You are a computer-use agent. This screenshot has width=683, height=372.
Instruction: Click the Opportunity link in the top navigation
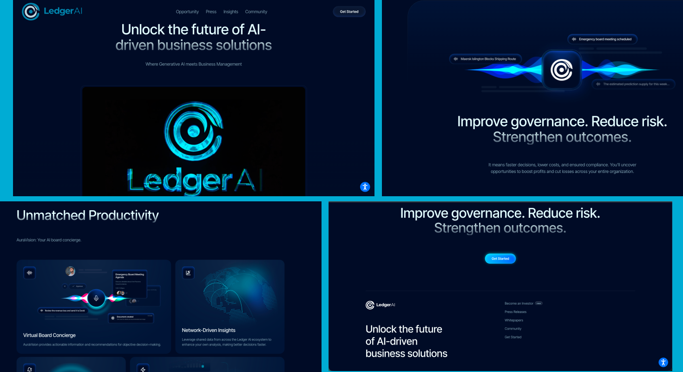pos(187,12)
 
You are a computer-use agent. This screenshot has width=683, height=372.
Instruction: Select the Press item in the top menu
pos(211,12)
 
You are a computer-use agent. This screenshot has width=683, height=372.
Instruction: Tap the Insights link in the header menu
pos(230,12)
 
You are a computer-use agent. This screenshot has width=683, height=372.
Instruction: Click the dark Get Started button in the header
pos(349,12)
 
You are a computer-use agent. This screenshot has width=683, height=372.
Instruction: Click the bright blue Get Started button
pos(500,259)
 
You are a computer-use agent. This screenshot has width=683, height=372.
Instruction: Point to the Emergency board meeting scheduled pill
pos(602,39)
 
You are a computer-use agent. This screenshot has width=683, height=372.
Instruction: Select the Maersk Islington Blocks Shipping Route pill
pos(485,59)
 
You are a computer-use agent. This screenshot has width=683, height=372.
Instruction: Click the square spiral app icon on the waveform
pos(561,70)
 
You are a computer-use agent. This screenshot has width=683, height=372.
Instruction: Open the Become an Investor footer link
pos(519,303)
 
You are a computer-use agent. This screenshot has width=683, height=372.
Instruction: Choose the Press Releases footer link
pos(515,312)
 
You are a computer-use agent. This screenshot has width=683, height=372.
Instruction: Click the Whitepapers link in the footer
pos(513,320)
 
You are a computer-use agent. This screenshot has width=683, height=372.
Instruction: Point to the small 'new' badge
pos(539,303)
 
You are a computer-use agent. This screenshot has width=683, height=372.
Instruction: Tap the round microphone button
pos(96,298)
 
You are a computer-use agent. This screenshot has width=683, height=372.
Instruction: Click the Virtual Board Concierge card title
pos(49,335)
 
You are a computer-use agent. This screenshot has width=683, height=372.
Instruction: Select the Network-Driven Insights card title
pos(209,330)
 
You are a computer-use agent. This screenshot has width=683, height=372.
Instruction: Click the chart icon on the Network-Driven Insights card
pos(188,272)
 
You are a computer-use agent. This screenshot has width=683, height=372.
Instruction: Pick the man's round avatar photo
pos(70,271)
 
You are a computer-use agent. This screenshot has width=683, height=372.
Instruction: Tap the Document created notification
pos(131,318)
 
